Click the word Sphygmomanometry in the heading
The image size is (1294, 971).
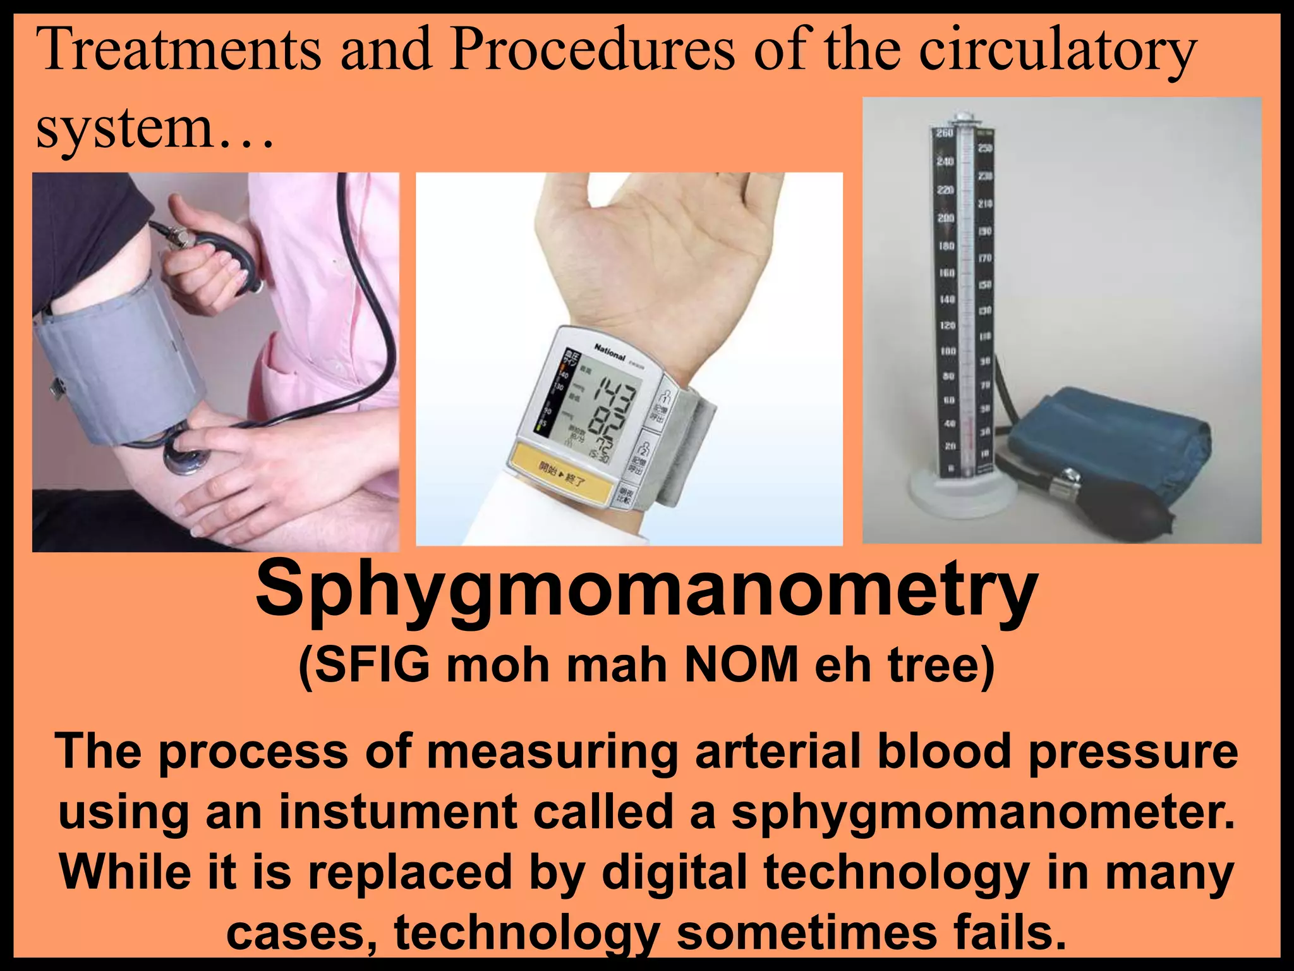pos(646,591)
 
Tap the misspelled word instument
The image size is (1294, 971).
pos(397,812)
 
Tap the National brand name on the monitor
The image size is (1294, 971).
pos(609,352)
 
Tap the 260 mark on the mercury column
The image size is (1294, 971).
pos(945,133)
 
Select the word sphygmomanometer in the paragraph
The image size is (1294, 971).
pos(982,812)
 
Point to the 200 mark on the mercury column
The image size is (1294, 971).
pos(945,218)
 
